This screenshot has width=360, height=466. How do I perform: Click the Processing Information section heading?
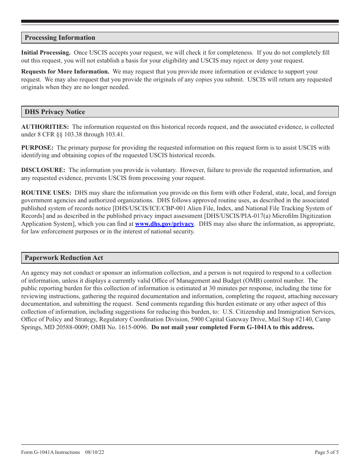pos(60,38)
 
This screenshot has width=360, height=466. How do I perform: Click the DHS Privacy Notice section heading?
pos(55,112)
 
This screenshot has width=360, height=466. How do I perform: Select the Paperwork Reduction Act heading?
pos(64,258)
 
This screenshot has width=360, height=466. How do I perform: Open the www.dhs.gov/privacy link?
pos(164,224)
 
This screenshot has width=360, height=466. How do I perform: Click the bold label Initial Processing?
pos(46,53)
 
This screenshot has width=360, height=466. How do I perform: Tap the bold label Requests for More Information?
pos(65,72)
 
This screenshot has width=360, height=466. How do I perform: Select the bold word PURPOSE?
pos(37,148)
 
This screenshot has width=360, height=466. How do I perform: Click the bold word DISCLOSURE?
pos(43,170)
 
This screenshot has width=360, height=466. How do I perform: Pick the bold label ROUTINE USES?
pos(46,193)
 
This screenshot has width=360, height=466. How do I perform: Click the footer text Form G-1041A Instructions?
pos(50,452)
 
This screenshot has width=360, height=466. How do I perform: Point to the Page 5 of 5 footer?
pos(327,452)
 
